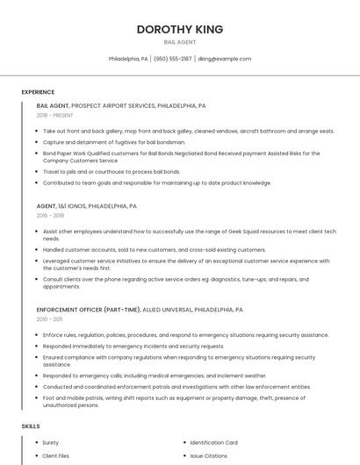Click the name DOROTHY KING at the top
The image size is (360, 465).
click(x=179, y=29)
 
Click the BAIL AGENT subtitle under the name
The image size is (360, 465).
click(x=179, y=42)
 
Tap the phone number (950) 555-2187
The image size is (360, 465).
click(x=172, y=59)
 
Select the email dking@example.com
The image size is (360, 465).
click(x=224, y=59)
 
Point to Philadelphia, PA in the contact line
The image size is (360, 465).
click(x=127, y=59)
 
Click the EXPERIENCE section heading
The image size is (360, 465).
click(x=38, y=92)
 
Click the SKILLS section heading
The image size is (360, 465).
click(x=31, y=426)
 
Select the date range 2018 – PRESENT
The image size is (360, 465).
click(x=54, y=115)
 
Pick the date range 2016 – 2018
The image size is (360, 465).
click(x=50, y=215)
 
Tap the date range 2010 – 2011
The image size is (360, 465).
click(x=49, y=318)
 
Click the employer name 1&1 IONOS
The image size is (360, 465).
click(x=75, y=206)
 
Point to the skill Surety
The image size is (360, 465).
click(x=51, y=443)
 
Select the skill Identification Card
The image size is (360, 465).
click(x=213, y=443)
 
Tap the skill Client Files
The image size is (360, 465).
click(x=55, y=456)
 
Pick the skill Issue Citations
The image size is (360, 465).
click(x=209, y=456)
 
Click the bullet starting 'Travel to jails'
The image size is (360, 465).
click(x=112, y=172)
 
